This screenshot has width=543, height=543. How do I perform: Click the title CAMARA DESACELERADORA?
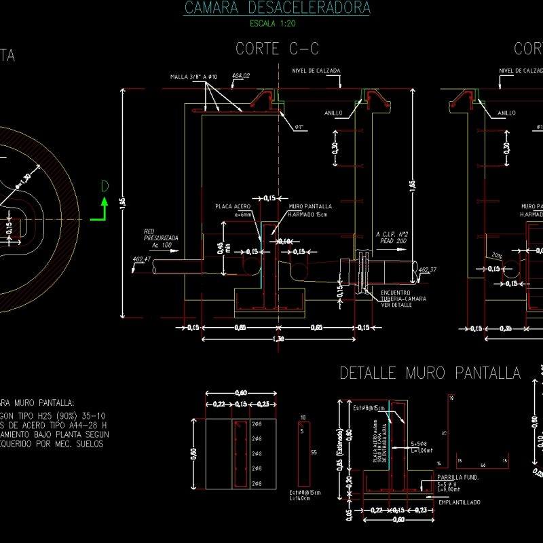click(277, 8)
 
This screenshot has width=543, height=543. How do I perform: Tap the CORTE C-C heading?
click(277, 49)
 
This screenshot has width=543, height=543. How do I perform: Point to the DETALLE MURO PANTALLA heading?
click(430, 373)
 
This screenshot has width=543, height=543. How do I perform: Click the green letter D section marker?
click(105, 187)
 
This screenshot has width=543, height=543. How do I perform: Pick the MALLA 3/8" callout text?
click(193, 77)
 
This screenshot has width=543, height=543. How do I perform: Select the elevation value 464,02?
click(241, 75)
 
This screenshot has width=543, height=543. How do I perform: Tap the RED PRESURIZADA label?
click(160, 235)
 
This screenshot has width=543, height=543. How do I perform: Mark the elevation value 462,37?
click(428, 269)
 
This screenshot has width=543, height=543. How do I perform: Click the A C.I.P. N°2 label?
click(391, 236)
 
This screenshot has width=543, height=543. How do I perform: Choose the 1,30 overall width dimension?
click(278, 339)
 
